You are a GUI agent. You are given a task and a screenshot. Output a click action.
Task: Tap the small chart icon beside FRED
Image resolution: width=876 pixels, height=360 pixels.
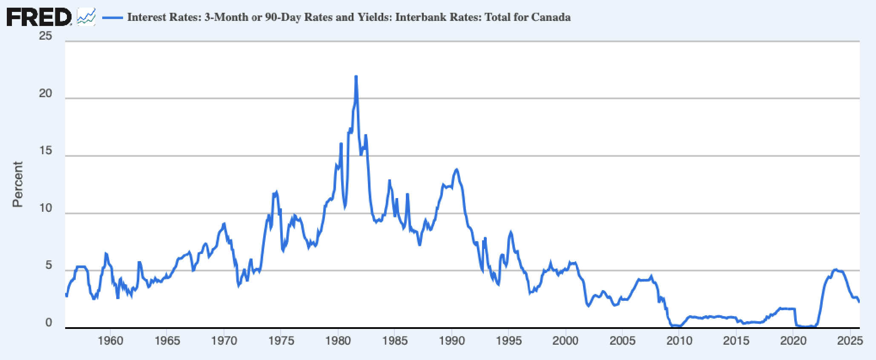pos(86,17)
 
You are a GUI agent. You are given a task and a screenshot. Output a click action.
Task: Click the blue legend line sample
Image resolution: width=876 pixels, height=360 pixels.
pos(112,17)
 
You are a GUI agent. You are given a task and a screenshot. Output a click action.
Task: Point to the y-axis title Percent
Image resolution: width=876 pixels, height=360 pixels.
pos(17,184)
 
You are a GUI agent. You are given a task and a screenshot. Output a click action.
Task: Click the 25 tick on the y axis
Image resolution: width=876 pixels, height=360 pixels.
pos(46,36)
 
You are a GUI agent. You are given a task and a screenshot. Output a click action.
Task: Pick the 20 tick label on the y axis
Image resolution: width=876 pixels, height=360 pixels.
pos(46,93)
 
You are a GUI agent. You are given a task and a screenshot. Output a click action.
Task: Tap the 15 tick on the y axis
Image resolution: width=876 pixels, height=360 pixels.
pos(46,151)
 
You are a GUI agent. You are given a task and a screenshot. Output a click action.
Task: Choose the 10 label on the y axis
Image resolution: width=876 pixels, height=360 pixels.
pos(46,208)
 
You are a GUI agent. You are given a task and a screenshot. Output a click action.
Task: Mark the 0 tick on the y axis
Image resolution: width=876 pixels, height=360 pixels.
pos(49,323)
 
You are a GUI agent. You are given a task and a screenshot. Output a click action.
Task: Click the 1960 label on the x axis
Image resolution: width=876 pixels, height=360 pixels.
pos(110,341)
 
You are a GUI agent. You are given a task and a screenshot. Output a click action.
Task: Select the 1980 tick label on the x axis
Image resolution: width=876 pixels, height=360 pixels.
pos(338,341)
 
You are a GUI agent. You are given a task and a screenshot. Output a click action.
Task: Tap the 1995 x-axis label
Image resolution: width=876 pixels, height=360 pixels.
pos(509,341)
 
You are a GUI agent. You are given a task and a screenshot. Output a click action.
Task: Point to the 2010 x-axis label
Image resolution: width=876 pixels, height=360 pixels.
pos(680,341)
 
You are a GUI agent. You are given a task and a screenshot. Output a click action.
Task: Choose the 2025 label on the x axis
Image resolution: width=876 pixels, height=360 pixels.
pos(850,341)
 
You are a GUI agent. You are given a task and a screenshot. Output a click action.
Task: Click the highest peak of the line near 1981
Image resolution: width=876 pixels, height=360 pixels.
pos(356,77)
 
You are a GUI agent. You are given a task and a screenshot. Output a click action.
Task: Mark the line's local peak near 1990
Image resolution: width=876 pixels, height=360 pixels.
pos(457,170)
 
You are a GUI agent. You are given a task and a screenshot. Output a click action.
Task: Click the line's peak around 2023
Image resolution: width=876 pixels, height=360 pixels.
pos(836,269)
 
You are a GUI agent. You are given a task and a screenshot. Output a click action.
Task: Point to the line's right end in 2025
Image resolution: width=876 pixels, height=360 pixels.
pos(859,302)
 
